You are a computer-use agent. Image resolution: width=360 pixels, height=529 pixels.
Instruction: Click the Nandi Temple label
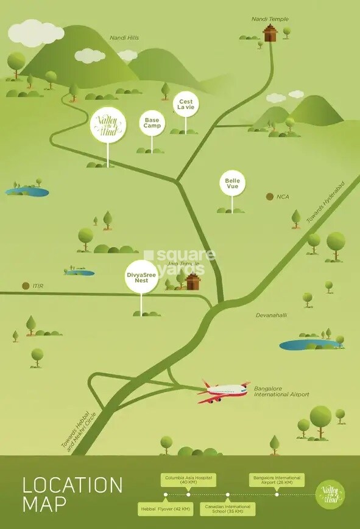269,19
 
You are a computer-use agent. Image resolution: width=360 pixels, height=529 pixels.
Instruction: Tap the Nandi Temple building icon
269,33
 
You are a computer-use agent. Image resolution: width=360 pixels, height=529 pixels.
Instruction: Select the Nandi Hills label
124,38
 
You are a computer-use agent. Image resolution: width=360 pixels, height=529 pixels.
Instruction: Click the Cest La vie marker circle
185,103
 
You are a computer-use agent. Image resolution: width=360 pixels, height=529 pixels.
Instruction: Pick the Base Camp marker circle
152,122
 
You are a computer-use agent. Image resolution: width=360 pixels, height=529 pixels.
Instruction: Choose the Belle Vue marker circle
232,183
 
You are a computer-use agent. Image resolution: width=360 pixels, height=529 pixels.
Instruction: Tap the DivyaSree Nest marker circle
142,277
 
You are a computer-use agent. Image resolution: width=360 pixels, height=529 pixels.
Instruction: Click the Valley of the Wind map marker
108,125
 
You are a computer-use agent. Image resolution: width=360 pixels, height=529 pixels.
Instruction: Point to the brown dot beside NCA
270,197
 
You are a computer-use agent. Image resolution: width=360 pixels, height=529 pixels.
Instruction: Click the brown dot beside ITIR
25,286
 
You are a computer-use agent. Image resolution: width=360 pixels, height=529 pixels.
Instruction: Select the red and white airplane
223,390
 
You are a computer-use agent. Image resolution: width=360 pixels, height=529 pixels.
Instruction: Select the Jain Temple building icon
192,281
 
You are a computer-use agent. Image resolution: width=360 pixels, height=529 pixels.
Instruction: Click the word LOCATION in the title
72,486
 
